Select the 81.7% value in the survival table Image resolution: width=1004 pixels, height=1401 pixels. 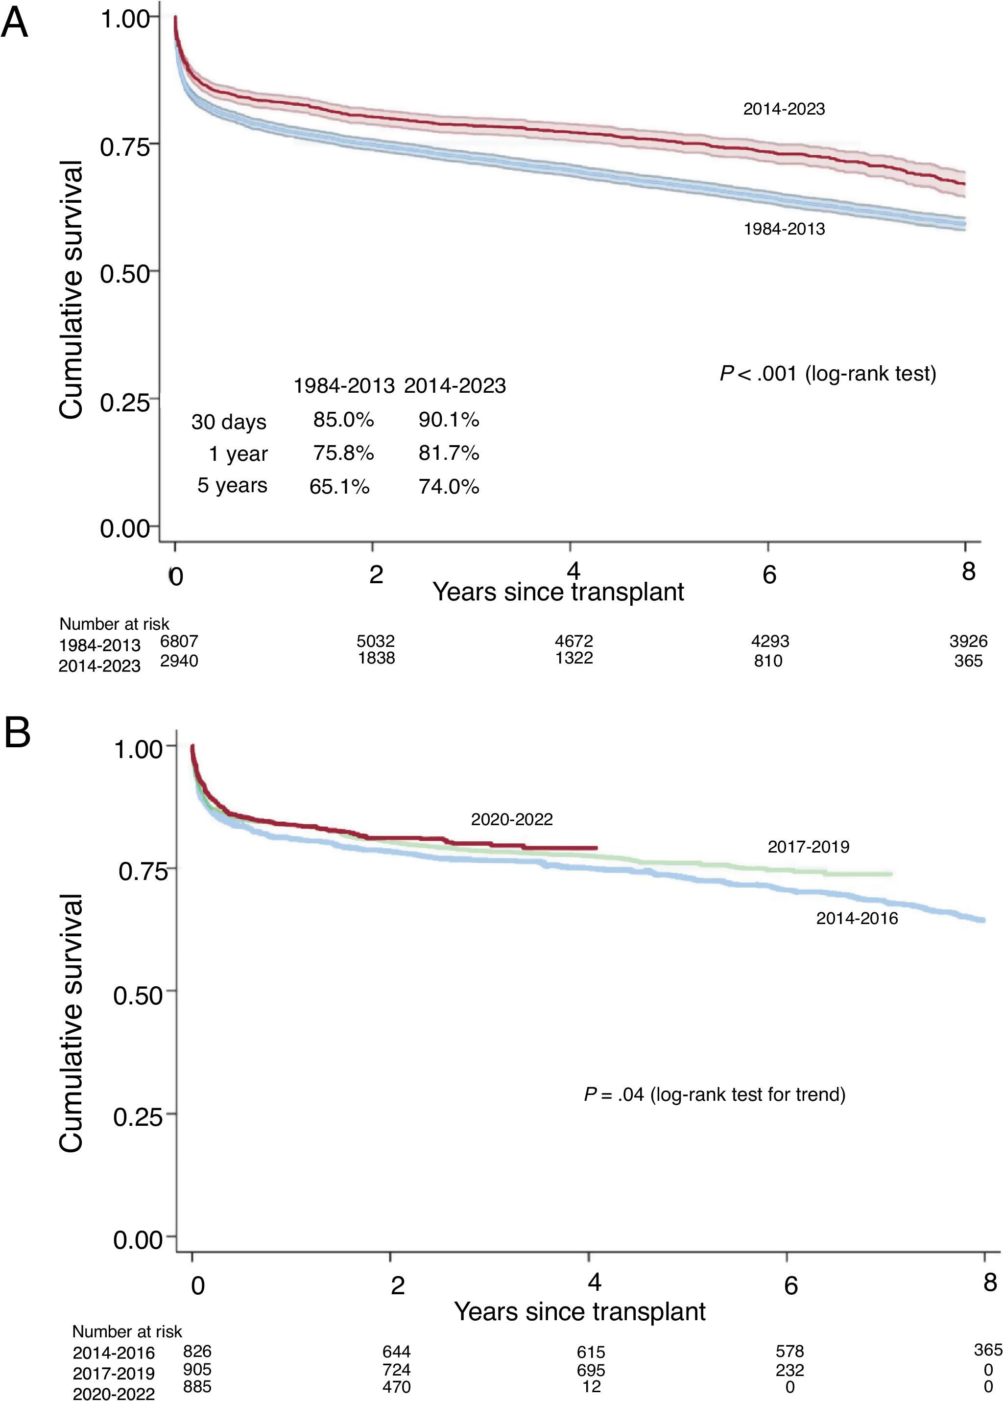pos(449,453)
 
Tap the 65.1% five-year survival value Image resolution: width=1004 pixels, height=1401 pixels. pos(339,487)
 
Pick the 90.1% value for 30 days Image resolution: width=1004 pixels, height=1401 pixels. pos(449,420)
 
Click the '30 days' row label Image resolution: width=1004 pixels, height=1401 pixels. pos(229,422)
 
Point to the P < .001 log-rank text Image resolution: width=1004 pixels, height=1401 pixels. pos(827,374)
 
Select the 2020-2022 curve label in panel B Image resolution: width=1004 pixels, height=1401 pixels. pos(512,820)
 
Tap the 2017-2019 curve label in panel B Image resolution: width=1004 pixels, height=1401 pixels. pos(808,847)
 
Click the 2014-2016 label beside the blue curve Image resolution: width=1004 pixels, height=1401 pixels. pos(857,919)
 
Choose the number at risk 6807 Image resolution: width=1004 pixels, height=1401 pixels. pos(179,641)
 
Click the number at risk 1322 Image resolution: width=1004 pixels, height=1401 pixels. pos(574,658)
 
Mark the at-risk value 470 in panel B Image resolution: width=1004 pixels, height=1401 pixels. pos(396,1387)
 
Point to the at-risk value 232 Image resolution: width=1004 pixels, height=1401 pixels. pos(789,1370)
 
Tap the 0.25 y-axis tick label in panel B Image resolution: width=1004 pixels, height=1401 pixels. pos(138,1116)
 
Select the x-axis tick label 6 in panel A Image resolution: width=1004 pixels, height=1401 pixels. pos(768,575)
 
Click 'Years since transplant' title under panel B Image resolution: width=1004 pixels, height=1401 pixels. pos(579,1312)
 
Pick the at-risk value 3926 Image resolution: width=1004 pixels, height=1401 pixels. pos(968,641)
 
